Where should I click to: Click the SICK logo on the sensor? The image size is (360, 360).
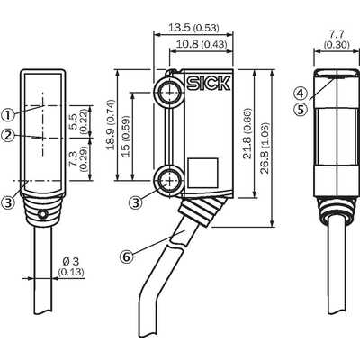coord(209,83)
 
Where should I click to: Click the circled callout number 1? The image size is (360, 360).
coord(8,114)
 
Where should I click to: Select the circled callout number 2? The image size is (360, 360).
coord(8,135)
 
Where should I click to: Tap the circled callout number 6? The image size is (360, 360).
coord(127,256)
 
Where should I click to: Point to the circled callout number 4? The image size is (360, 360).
coord(301,94)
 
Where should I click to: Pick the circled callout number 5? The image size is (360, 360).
coord(301,109)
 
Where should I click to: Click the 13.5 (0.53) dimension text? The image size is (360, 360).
coord(193,28)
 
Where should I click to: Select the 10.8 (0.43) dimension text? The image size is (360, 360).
coord(202,44)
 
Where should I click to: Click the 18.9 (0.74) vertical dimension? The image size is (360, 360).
coord(111,124)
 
